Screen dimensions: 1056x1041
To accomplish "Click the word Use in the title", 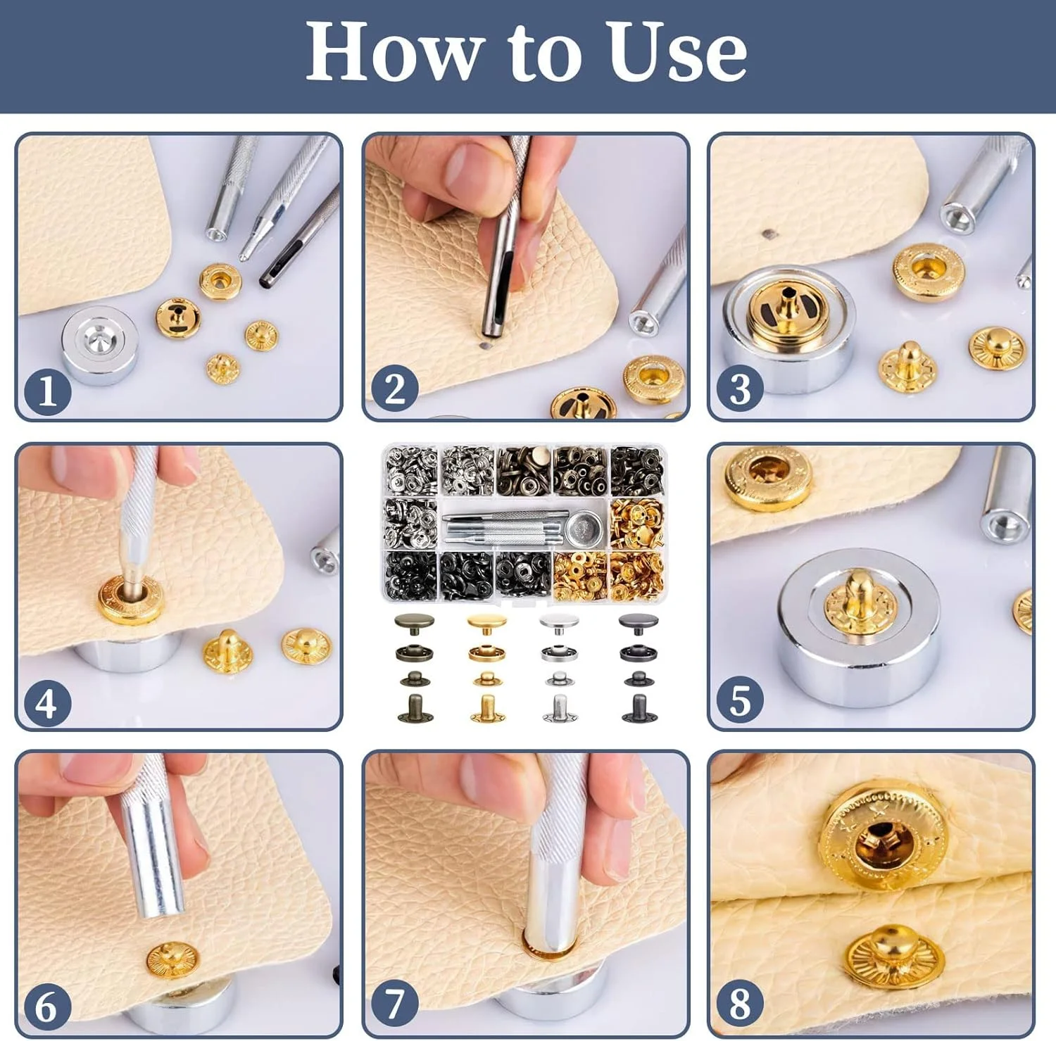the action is click(677, 51).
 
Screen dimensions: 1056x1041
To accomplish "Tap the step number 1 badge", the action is click(47, 391).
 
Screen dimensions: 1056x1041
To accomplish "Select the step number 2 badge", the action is click(394, 389).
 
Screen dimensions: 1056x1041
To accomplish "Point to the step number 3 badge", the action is click(740, 389).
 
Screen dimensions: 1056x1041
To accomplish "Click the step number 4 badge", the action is click(47, 702).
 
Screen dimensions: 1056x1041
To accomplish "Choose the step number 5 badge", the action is click(740, 700).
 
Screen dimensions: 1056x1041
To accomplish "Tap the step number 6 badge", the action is click(47, 1007).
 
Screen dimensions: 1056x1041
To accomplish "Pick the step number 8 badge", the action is click(740, 1004).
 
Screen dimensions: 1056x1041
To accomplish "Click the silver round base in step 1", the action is click(99, 345).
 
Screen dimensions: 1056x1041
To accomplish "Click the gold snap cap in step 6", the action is click(172, 960).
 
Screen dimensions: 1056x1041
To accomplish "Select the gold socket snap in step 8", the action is click(883, 836).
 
